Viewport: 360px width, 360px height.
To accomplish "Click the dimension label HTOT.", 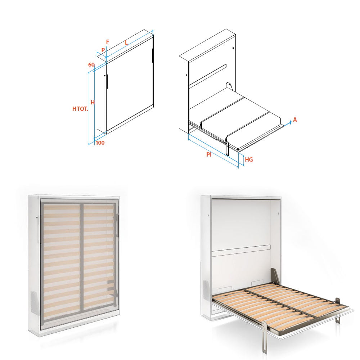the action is coord(80,109).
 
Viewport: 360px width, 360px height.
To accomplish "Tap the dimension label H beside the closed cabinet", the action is coord(93,102).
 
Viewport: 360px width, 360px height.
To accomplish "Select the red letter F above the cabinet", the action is coord(107,42).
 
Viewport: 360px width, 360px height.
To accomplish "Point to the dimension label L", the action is coord(126,42).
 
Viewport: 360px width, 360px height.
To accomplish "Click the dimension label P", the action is coord(103,50).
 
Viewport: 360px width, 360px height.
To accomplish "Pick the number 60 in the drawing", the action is coord(91,65).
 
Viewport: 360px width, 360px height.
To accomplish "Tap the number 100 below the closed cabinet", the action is coord(100,143).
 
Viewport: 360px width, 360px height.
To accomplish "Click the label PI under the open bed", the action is coord(209,154).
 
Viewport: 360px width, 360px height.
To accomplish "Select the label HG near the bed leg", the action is coord(249,159).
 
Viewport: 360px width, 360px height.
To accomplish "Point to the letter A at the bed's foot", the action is coord(295,120).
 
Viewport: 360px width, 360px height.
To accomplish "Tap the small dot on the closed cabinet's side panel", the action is coord(104,76).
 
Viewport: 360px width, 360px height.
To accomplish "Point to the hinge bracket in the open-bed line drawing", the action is coord(230,86).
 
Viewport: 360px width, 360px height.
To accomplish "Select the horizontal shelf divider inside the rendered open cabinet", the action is coord(241,251).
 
